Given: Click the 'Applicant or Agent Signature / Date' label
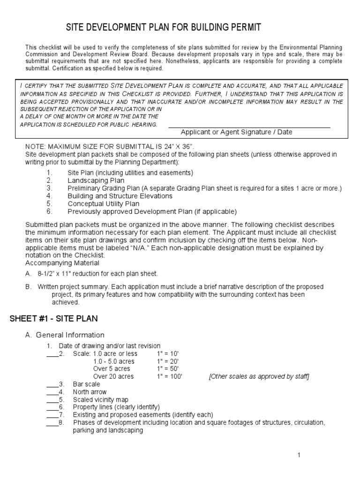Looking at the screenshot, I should [236, 132].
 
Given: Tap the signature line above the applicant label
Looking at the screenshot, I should [249, 127].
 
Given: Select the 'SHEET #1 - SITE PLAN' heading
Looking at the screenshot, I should [54, 319].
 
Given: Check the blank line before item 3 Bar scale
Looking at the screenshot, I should [52, 385].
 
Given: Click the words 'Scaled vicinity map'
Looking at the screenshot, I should [100, 400].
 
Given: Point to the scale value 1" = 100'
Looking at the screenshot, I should [170, 376].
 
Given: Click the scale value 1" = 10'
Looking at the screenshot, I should [168, 353].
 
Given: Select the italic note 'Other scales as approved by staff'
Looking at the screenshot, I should [259, 376].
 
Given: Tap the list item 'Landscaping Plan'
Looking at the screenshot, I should [96, 180].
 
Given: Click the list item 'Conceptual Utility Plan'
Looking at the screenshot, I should [103, 204].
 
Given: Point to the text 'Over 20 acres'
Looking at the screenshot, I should [113, 376].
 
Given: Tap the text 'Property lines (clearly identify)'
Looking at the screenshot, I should [116, 407].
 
